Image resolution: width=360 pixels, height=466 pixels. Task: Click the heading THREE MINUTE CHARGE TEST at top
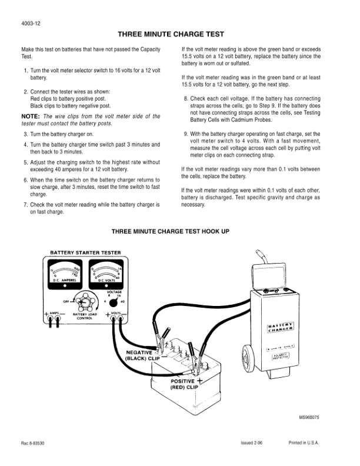coord(179,35)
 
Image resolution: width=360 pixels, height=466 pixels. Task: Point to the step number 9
coord(186,134)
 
